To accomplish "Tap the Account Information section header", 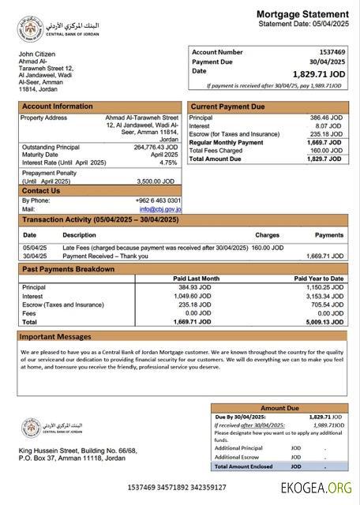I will pyautogui.click(x=57, y=107).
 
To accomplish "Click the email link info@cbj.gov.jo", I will pyautogui.click(x=161, y=209).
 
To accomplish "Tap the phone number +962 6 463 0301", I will pyautogui.click(x=158, y=200).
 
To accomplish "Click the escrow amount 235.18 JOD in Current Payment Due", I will pyautogui.click(x=324, y=134).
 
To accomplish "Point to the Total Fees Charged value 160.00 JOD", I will pyautogui.click(x=324, y=151).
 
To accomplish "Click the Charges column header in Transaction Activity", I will pyautogui.click(x=267, y=235).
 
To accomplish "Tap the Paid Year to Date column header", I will pyautogui.click(x=318, y=279).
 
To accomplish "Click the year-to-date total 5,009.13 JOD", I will pyautogui.click(x=324, y=322).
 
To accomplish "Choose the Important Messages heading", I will pyautogui.click(x=55, y=337).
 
